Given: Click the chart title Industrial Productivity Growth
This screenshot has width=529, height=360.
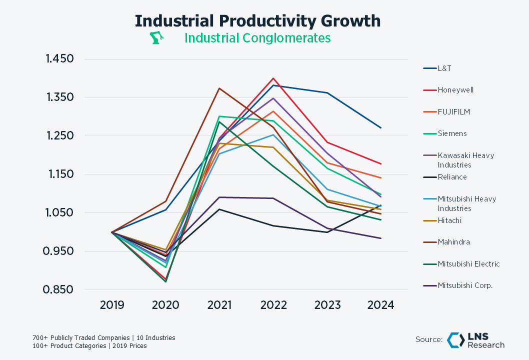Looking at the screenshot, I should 257,21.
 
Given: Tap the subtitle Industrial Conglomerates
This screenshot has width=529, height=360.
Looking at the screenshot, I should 257,38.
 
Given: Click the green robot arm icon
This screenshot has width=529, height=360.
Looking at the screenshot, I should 157,38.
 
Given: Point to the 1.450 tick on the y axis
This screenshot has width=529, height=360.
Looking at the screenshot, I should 59,59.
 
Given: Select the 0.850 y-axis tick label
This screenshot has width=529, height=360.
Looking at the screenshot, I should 59,290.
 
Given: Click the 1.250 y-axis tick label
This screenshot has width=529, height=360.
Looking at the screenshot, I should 59,136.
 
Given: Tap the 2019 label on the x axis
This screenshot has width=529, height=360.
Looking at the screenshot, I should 111,305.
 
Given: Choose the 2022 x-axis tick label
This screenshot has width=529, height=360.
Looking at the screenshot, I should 273,305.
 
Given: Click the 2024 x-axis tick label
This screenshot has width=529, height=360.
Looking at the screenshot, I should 381,305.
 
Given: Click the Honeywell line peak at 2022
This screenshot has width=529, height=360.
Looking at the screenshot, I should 273,78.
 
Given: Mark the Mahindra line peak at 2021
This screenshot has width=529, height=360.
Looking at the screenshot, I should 219,88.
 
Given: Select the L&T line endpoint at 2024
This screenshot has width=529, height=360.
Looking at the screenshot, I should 381,128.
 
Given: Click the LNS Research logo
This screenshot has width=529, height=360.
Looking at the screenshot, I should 475,340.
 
